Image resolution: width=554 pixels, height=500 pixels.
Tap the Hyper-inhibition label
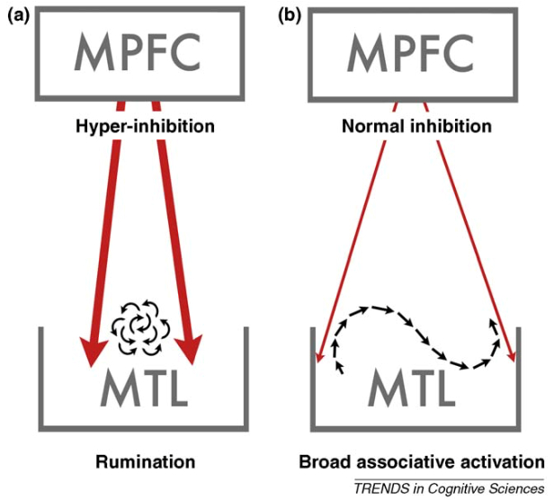pyautogui.click(x=145, y=126)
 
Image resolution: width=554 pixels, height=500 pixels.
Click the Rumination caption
pyautogui.click(x=146, y=462)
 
